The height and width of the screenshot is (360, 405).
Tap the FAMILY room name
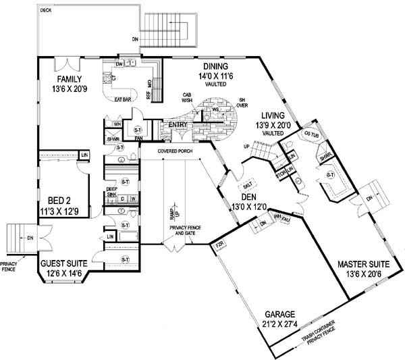(x=69, y=79)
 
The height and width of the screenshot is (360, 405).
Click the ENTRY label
(x=178, y=124)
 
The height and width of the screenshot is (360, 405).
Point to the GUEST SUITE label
(x=62, y=264)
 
